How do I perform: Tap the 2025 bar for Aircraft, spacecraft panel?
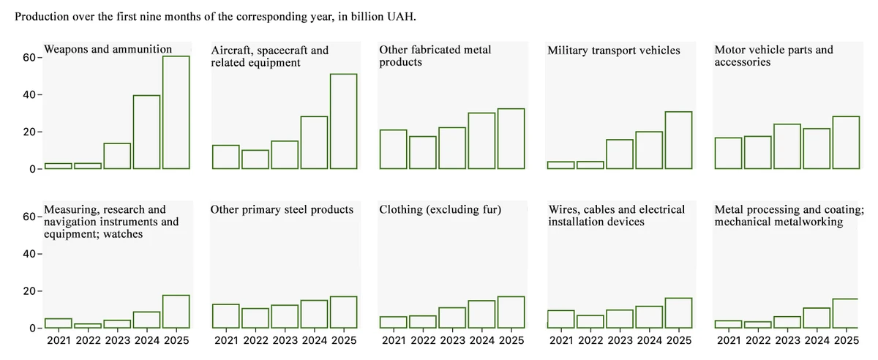[x=343, y=121]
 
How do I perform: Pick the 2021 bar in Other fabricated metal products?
[x=393, y=149]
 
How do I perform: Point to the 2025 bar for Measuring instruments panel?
[x=176, y=311]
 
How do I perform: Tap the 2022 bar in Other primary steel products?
[x=255, y=318]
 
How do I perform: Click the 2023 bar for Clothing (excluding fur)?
[x=452, y=317]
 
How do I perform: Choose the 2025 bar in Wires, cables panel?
[x=678, y=312]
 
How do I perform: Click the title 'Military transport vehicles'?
[x=613, y=50]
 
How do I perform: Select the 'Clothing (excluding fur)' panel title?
[x=440, y=210]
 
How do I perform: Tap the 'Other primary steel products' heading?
[x=282, y=210]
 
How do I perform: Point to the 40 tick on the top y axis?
[x=29, y=95]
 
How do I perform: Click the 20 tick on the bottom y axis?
[x=29, y=291]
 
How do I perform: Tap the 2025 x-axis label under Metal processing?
[x=847, y=340]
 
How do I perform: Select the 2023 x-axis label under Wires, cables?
[x=620, y=340]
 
